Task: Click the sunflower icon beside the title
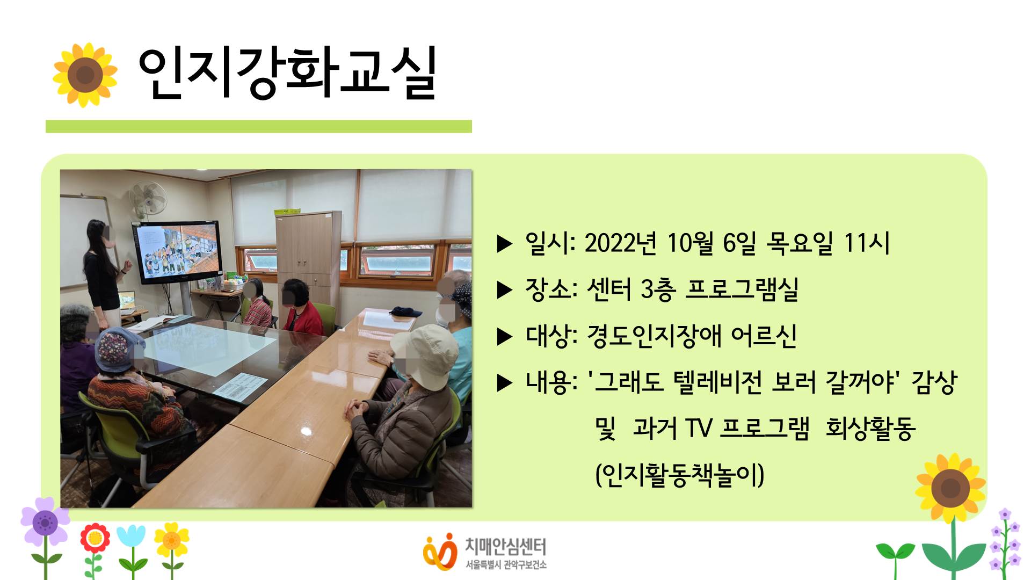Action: click(85, 75)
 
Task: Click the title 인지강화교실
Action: click(287, 74)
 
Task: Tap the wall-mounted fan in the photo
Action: click(148, 199)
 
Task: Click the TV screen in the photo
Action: click(177, 251)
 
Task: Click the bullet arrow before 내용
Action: click(505, 383)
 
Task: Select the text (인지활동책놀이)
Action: click(680, 475)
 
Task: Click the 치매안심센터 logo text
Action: click(505, 547)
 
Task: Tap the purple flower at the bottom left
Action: click(45, 522)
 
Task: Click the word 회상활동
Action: click(870, 429)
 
